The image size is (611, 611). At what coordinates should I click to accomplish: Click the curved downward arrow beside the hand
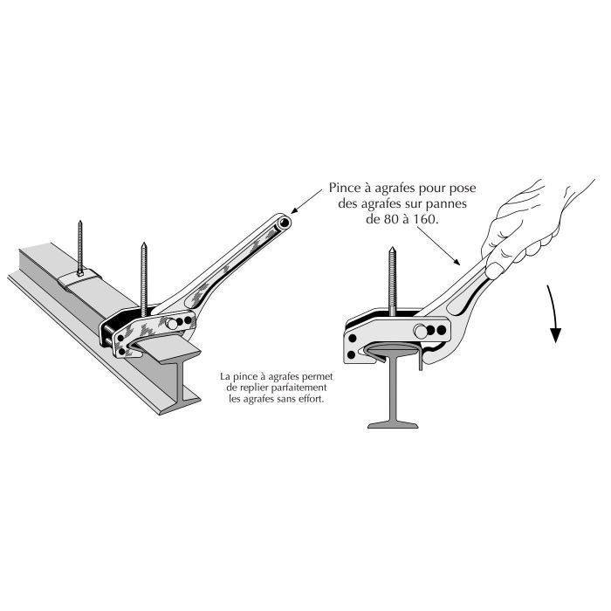[x=553, y=312]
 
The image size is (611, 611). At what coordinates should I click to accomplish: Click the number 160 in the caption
[x=425, y=219]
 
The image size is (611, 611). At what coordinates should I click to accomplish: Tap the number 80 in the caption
[x=392, y=219]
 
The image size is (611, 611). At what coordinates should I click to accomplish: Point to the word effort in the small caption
[x=312, y=399]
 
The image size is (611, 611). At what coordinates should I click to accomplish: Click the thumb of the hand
[x=495, y=271]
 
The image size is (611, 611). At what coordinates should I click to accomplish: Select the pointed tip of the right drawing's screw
[x=393, y=248]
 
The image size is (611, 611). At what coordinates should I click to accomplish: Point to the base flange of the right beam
[x=393, y=425]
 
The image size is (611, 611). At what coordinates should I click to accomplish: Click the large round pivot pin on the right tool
[x=421, y=332]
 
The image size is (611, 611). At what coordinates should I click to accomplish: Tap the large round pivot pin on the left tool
[x=171, y=324]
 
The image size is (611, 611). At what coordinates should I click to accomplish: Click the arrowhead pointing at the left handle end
[x=295, y=209]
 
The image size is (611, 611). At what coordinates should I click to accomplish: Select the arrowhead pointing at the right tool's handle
[x=456, y=261]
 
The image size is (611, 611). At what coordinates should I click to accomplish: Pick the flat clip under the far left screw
[x=80, y=278]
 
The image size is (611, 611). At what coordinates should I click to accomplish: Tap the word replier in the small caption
[x=251, y=388]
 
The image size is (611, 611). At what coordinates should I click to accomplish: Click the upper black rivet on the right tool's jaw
[x=353, y=338]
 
